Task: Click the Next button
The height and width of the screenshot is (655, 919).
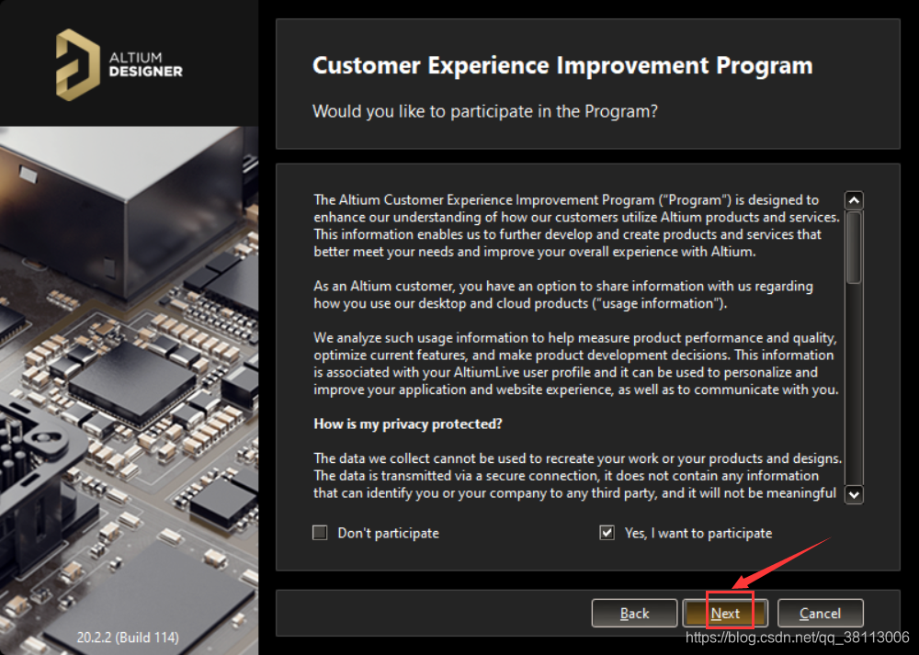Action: coord(725,613)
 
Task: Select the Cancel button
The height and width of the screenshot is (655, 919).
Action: coord(820,613)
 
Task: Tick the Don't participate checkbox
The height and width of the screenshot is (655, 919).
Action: coord(320,533)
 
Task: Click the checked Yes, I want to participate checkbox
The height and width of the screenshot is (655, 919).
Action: coord(607,533)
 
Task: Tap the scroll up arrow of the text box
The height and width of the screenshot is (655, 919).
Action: coord(854,200)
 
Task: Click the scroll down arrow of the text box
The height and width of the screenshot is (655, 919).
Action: coord(854,494)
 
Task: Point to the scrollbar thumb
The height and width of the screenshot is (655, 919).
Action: coord(854,247)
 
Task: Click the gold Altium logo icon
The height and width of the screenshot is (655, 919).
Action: coord(77,64)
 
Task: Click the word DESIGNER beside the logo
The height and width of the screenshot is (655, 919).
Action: coord(146,72)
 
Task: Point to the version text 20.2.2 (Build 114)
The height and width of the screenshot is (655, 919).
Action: coord(128,637)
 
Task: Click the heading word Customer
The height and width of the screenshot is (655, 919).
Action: coord(367,65)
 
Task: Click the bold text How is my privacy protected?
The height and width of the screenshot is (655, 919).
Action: coord(408,424)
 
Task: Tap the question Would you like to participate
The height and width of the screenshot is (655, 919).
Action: coord(485,111)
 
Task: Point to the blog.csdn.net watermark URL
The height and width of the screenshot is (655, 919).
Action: coord(797,637)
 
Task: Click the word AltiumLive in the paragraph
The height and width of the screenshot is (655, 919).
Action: coord(486,372)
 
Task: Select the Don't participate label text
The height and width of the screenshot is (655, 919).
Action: coord(388,533)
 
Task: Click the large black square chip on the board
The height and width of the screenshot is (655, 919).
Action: coord(131,381)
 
